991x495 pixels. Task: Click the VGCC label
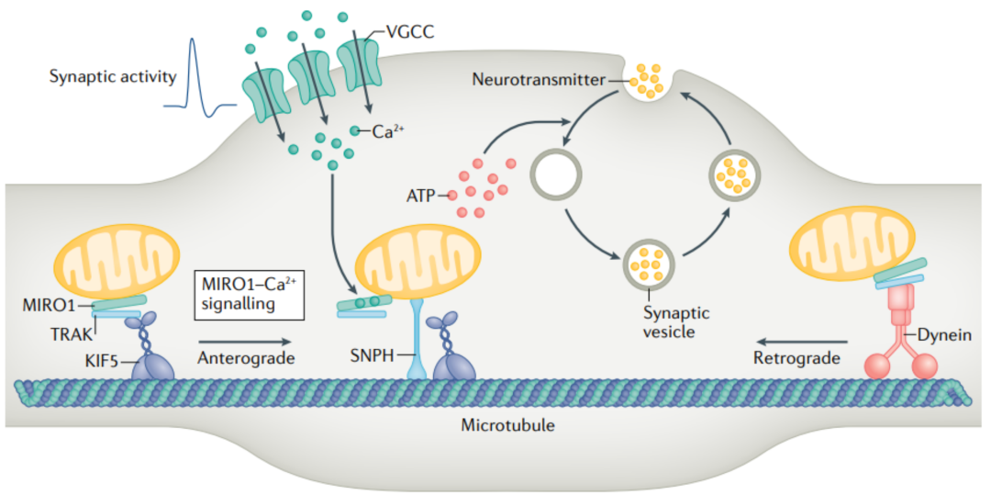tap(406, 34)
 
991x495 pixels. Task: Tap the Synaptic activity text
tap(113, 76)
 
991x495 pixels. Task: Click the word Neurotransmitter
tap(538, 80)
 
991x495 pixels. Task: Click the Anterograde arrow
tap(249, 340)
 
